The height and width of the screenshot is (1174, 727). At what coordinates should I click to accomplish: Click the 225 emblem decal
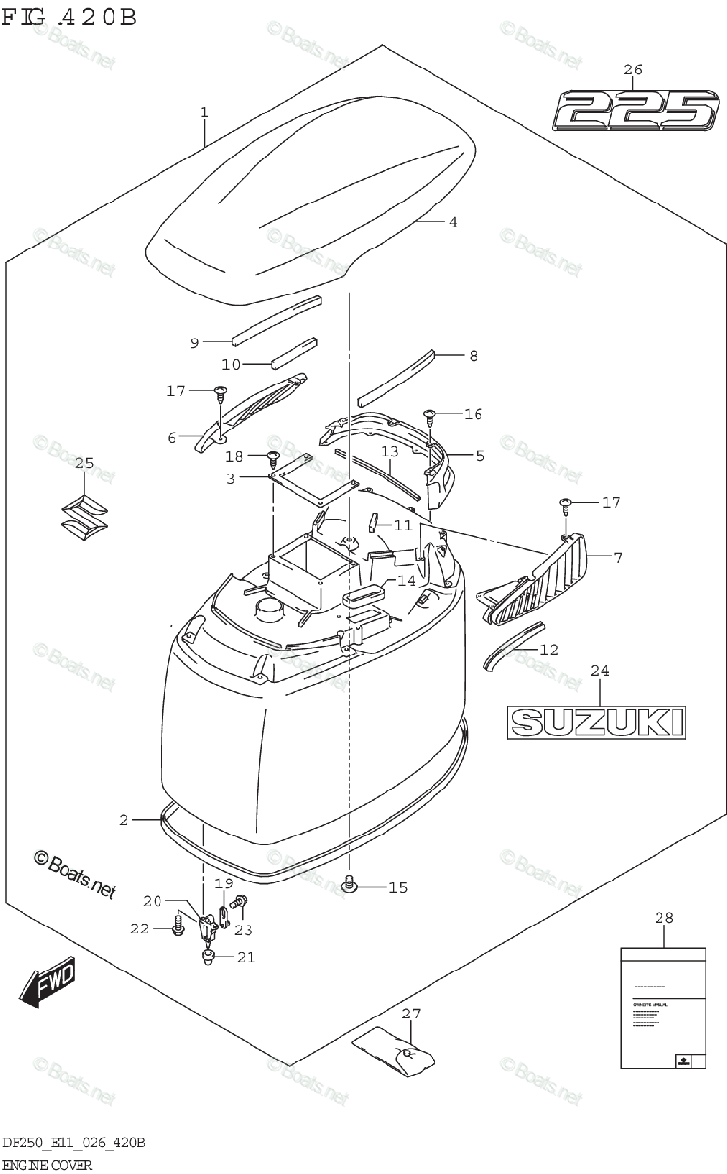point(635,111)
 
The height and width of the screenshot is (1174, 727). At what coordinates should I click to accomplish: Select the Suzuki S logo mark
point(84,516)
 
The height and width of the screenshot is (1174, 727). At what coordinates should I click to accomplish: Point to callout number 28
point(664,917)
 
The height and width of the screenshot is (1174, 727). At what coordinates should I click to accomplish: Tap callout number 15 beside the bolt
point(397,887)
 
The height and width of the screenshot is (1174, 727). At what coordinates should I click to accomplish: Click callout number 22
point(140,927)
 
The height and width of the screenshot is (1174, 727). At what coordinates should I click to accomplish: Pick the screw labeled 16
point(429,416)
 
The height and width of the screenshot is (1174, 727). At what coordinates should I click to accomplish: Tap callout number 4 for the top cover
point(453,222)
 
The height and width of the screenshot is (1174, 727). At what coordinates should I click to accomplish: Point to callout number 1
point(204,113)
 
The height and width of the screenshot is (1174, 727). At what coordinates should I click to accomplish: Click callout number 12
point(549,648)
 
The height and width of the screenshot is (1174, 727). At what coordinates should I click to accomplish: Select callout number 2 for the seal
point(124,819)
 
